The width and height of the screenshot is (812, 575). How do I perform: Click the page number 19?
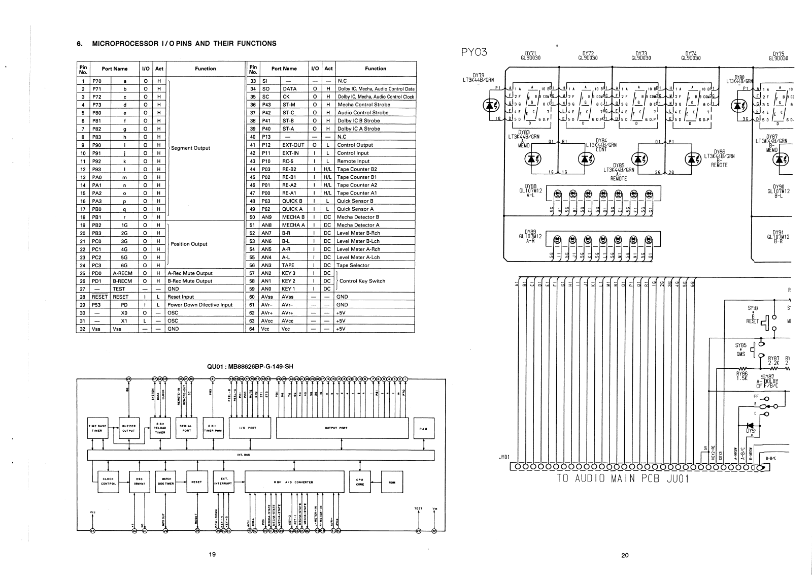coord(212,554)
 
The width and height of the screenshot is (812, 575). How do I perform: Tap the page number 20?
coord(625,555)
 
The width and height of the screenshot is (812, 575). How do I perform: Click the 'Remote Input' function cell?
coord(354,161)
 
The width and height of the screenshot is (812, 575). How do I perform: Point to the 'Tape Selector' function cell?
coord(353,265)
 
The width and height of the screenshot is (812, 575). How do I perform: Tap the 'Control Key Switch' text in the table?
coord(362,281)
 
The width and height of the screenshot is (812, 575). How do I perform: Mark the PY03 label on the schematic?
coord(475,51)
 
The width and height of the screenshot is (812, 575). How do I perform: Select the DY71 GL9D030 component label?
coord(531,55)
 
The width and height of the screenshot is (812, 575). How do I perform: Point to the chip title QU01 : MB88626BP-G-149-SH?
coord(251,366)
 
